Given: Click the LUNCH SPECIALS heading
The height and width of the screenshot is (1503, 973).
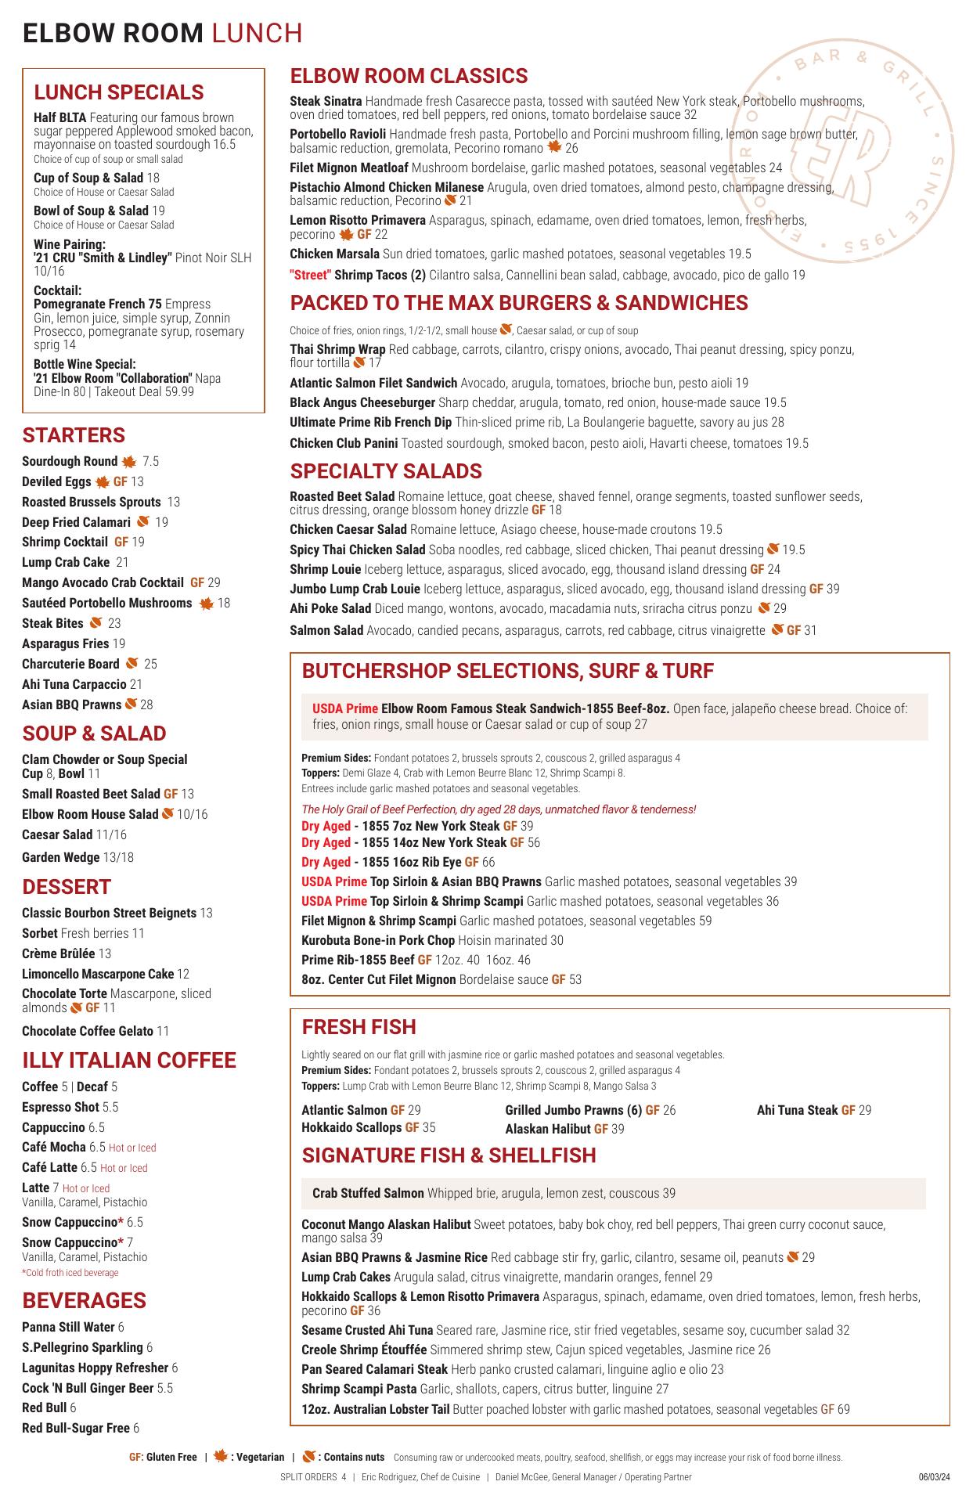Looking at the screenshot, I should (x=118, y=92).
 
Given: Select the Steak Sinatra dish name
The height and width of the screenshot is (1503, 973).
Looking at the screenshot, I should (x=326, y=102).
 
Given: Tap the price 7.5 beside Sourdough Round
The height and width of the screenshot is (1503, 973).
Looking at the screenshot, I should (x=150, y=462).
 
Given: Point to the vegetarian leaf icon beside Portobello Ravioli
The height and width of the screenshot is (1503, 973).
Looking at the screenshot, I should (x=554, y=148).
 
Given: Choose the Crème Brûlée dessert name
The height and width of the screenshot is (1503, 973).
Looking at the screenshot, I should (x=58, y=953).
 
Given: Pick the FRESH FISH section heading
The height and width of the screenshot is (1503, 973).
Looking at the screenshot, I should (x=359, y=1027).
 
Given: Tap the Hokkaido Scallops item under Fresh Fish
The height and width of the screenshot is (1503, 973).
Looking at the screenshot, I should (x=351, y=1128).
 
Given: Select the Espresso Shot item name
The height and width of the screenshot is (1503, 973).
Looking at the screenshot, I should (x=60, y=1107).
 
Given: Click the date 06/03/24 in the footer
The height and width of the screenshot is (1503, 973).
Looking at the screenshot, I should (x=935, y=1477).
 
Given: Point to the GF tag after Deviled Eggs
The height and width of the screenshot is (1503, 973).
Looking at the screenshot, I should (x=120, y=482).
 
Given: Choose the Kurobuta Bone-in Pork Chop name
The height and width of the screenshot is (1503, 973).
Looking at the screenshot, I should (x=378, y=940).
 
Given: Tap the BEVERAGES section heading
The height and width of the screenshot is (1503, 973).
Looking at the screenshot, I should (x=84, y=1300).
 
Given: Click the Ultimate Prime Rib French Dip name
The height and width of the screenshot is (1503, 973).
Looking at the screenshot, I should (x=371, y=423).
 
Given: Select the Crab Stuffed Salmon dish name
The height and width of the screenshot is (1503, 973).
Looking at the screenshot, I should (x=368, y=1193).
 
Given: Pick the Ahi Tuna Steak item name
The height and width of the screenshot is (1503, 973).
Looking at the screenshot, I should (x=797, y=1110).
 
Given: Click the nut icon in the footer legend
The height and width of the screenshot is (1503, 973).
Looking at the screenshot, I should (x=309, y=1456).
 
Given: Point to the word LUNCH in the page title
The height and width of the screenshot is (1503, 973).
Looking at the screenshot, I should (x=257, y=33).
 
